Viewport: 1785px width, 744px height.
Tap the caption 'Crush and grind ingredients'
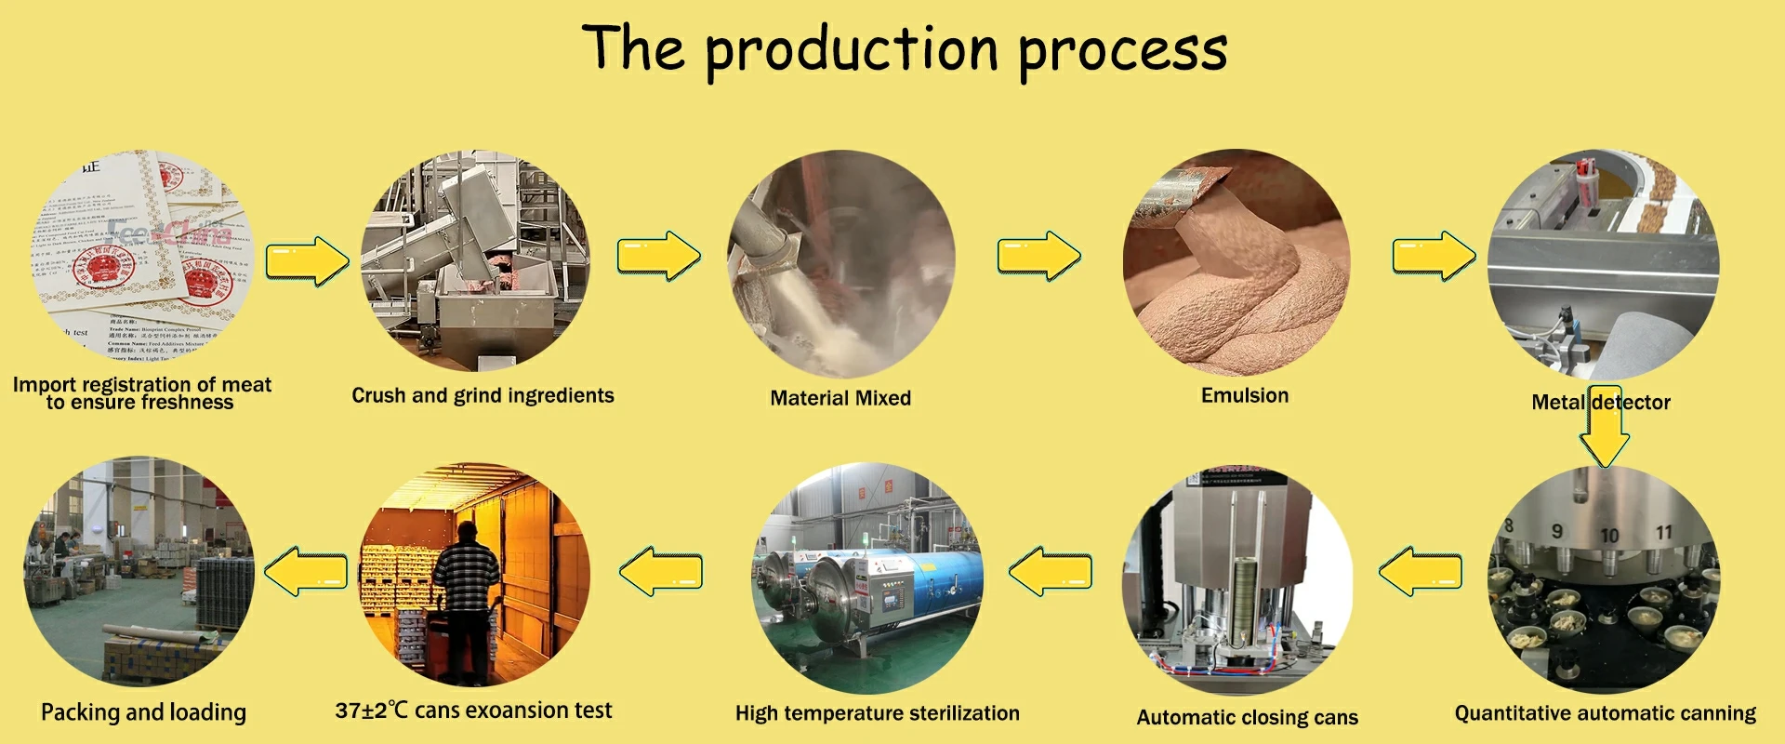pyautogui.click(x=483, y=396)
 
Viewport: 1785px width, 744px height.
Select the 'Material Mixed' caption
pyautogui.click(x=840, y=398)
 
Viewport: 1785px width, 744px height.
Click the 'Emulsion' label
pyautogui.click(x=1245, y=395)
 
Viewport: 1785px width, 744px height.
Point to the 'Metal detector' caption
pyautogui.click(x=1600, y=403)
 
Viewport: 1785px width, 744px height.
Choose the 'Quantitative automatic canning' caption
pyautogui.click(x=1605, y=713)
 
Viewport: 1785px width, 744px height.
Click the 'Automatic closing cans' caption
pyautogui.click(x=1247, y=717)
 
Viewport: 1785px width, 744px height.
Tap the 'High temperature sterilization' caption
pyautogui.click(x=877, y=713)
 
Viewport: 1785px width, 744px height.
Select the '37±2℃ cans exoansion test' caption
pyautogui.click(x=473, y=711)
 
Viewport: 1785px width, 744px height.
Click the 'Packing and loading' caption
pyautogui.click(x=143, y=712)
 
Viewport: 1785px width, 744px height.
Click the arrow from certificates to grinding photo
pyautogui.click(x=307, y=260)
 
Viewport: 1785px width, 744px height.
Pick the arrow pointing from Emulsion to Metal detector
pyautogui.click(x=1433, y=256)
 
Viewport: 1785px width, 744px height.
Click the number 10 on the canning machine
pyautogui.click(x=1609, y=536)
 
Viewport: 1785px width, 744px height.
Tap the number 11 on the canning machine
pyautogui.click(x=1664, y=532)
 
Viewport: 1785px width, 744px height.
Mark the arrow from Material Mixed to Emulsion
pyautogui.click(x=1038, y=256)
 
